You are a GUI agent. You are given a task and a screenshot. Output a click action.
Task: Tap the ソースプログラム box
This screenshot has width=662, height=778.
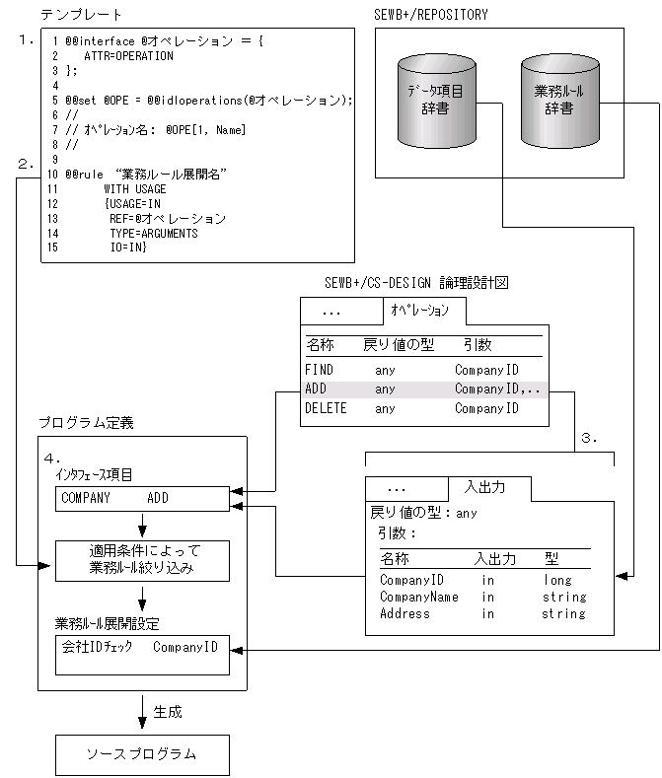pos(142,754)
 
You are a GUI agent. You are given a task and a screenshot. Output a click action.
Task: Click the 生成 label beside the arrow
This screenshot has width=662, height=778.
pos(168,710)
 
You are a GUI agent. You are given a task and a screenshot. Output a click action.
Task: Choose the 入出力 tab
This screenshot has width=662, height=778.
pos(488,488)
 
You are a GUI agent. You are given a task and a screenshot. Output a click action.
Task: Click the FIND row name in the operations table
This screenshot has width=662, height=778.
pos(320,370)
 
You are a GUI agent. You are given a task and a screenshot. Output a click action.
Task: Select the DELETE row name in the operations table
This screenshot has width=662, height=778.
pos(326,407)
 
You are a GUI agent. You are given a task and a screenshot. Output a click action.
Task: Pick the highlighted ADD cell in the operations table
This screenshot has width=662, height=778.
pos(316,389)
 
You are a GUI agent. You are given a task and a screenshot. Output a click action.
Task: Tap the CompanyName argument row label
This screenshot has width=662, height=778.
pos(419,597)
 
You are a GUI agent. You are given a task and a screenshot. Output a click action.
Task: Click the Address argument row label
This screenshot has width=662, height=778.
pos(405,613)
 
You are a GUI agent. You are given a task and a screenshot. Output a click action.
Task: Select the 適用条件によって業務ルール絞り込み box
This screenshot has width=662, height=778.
pos(142,560)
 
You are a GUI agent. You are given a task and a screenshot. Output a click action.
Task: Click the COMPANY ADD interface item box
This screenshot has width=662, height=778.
pos(142,498)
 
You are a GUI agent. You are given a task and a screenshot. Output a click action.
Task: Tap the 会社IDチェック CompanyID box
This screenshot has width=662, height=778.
pos(142,654)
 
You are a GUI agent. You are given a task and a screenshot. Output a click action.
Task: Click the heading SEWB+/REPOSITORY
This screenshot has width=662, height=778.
pos(432,15)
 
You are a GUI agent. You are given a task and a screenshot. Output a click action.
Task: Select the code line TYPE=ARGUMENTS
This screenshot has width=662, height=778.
pos(154,233)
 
